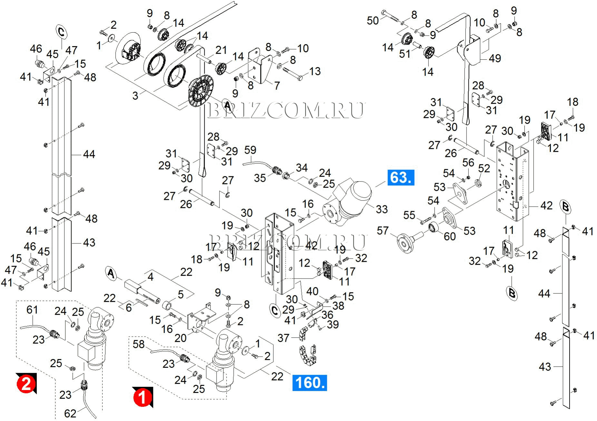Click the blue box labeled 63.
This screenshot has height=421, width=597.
pos(401,178)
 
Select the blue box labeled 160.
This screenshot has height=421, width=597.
pos(309,383)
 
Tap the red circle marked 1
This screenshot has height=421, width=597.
pos(142,397)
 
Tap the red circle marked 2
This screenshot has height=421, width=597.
pos(25,384)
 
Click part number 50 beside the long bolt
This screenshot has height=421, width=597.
pos(373,21)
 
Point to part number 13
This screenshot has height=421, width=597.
pos(315,71)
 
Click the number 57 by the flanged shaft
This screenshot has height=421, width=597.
pos(383,231)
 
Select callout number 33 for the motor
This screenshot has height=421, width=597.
pos(382,209)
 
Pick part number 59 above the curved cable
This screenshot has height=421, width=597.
pos(250,150)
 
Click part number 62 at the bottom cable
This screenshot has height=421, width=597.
pos(70,413)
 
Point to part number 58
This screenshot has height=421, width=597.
pos(139,344)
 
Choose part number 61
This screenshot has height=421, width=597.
pos(32,310)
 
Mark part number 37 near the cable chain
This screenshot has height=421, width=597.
pos(283,338)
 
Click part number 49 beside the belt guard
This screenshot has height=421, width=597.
pos(495,58)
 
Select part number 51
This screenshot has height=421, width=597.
pos(405,54)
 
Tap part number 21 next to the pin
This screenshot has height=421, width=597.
pos(221,50)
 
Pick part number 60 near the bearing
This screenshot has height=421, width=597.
pos(450,237)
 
